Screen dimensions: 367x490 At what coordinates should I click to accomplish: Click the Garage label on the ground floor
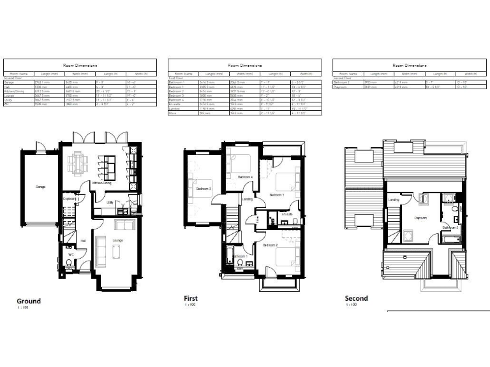[40, 187]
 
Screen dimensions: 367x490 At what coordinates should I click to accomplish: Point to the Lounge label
[117, 240]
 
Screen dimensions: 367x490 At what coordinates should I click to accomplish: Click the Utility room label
[110, 203]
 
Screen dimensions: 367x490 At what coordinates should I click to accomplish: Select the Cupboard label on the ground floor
[70, 199]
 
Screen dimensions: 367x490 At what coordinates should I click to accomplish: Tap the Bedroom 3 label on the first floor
[204, 189]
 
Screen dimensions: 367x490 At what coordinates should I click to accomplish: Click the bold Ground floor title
[28, 301]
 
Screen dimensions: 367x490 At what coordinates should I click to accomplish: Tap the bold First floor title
[189, 298]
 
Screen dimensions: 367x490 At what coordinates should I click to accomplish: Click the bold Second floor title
[356, 298]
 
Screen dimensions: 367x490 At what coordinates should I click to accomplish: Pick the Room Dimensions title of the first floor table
[244, 65]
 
